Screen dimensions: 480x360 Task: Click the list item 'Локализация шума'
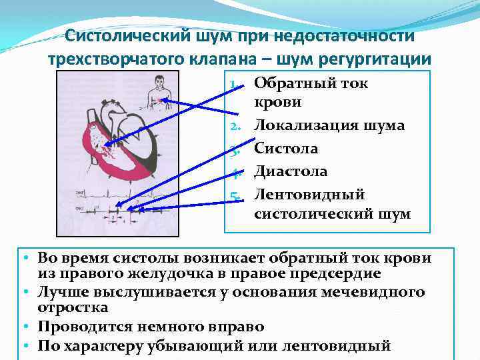[x=329, y=125]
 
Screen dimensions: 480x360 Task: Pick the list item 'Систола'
[x=286, y=148]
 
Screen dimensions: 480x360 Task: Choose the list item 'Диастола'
[x=291, y=171]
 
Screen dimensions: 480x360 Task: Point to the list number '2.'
[x=235, y=126]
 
